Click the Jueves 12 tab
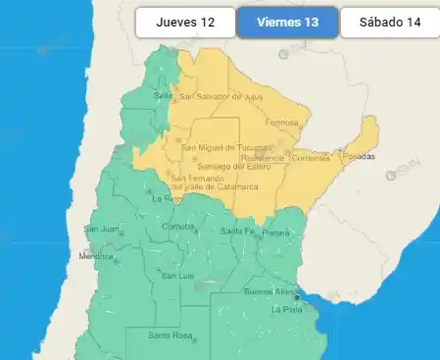point(185,22)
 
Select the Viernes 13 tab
point(287,22)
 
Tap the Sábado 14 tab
point(389,22)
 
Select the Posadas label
point(358,156)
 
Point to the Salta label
point(162,95)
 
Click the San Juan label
point(101,230)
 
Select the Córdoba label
point(177,226)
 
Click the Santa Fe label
point(236,231)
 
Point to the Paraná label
point(275,232)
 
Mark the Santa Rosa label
point(170,335)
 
